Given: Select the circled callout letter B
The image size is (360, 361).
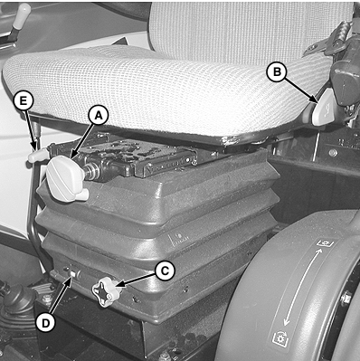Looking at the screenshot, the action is (x=277, y=71).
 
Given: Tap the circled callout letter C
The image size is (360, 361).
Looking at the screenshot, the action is (x=165, y=271).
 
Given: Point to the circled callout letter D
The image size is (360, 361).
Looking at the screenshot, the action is (x=45, y=324).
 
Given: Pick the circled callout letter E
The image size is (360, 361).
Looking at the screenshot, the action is (x=23, y=101).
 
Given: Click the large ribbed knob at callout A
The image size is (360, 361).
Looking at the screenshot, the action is (x=66, y=178).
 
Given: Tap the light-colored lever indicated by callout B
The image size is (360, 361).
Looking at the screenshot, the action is (x=324, y=107).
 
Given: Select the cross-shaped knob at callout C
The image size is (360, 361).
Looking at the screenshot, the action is (x=106, y=292).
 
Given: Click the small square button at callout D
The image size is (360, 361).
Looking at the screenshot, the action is (x=72, y=274).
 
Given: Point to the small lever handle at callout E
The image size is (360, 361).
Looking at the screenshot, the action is (x=38, y=156).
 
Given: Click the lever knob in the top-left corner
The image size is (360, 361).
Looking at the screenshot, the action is (x=21, y=16).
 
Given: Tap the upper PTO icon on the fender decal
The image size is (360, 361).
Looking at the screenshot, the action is (x=324, y=242).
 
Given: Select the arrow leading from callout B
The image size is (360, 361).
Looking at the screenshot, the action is (x=300, y=90).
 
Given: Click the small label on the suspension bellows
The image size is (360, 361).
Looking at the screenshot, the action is (x=180, y=237).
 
